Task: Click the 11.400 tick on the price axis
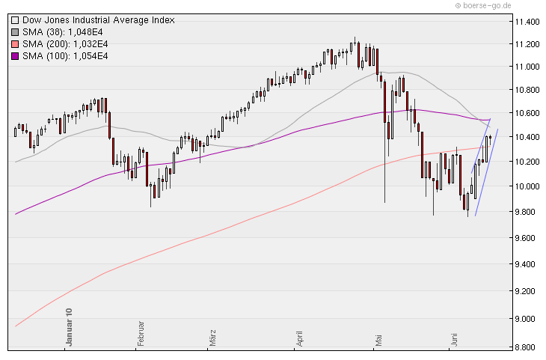[x=527, y=22]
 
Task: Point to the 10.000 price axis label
[x=527, y=186]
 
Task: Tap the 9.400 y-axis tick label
[x=527, y=264]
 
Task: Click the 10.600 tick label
[x=527, y=113]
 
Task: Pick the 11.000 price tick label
[x=527, y=67]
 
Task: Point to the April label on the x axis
[x=301, y=335]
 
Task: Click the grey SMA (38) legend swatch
[x=15, y=32]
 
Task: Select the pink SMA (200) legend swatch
[x=15, y=44]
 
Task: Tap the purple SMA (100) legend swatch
[x=15, y=56]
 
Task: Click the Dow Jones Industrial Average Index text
[x=98, y=20]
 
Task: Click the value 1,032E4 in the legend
[x=92, y=44]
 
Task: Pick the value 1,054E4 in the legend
[x=92, y=56]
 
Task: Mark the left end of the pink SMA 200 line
[x=16, y=326]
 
